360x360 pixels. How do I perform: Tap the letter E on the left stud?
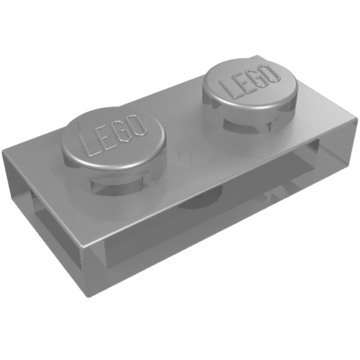point(104,139)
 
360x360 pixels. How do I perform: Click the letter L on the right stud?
point(229,89)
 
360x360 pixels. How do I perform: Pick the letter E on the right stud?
point(242,84)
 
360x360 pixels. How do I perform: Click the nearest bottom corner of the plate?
point(89,297)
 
